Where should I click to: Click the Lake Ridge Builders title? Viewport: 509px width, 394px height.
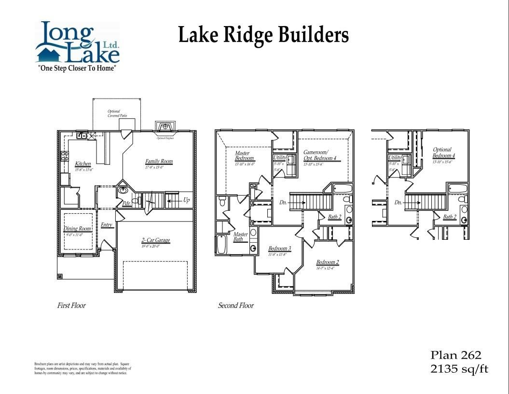coord(263,35)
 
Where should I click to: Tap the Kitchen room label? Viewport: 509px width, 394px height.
coord(83,164)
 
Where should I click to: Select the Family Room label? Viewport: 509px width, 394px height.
coord(159,161)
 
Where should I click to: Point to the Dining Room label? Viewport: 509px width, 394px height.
coord(77,229)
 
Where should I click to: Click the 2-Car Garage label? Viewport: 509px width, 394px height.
coord(155,240)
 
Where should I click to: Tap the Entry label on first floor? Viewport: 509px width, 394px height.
coord(107,225)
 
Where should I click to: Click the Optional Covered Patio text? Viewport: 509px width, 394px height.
coord(114,114)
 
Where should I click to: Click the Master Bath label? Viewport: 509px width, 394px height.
coord(240,237)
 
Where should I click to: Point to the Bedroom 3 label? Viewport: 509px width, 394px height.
coord(279,249)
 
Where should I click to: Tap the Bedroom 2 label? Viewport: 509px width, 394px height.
coord(328,263)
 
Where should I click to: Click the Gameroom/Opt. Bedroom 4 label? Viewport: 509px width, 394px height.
coord(319,155)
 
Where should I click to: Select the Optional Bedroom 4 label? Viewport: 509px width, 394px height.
coord(443,153)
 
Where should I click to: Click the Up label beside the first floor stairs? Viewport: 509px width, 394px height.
coord(186,200)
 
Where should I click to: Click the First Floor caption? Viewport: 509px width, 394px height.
coord(71,306)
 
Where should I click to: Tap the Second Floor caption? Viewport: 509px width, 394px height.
coord(235,306)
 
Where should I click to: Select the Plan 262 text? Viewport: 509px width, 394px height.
coord(455,355)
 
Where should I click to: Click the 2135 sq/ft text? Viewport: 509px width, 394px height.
coord(459,369)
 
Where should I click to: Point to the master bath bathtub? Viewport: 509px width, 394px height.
coord(221,244)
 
